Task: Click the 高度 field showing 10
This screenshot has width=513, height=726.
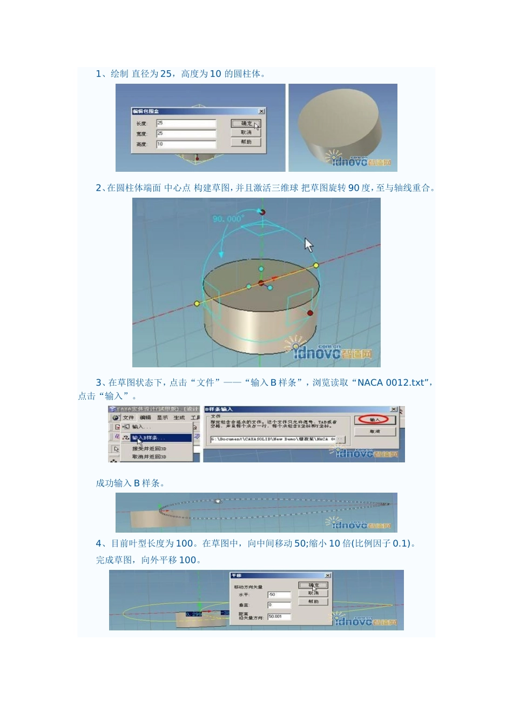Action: (x=186, y=144)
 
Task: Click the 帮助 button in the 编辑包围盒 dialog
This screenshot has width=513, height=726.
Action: (x=246, y=142)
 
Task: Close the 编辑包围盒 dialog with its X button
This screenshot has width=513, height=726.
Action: (x=261, y=111)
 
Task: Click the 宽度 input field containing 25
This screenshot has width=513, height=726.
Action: (x=186, y=133)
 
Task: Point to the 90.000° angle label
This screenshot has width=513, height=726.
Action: (x=228, y=219)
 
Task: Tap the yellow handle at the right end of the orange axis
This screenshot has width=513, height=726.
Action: (x=316, y=265)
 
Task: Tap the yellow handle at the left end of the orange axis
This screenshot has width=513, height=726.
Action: (x=197, y=304)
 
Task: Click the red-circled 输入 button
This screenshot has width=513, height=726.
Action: (x=375, y=420)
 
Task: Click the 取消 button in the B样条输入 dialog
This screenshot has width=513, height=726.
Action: (x=375, y=432)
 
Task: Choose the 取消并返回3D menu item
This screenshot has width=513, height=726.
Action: (x=149, y=457)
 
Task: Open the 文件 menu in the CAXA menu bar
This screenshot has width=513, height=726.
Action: (x=129, y=418)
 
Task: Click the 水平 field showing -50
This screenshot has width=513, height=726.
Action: (x=279, y=595)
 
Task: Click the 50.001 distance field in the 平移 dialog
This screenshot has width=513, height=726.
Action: (x=279, y=616)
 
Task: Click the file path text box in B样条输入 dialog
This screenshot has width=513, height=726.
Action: (x=273, y=439)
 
